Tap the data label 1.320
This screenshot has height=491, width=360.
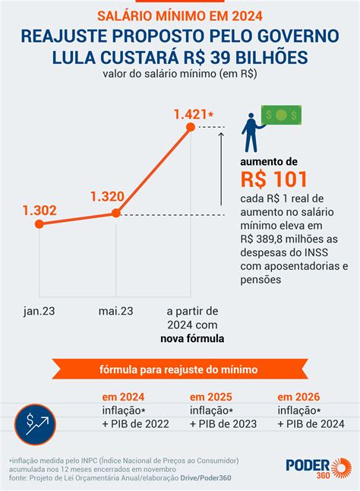[x=106, y=198]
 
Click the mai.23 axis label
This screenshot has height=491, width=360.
[x=116, y=311]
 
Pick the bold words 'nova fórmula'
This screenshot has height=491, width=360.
[x=192, y=338]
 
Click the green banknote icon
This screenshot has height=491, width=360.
[x=280, y=115]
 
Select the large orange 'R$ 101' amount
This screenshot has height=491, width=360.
[x=275, y=179]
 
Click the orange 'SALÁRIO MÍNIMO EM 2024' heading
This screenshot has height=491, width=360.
[x=180, y=15]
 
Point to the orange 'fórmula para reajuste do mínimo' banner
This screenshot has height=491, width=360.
[x=180, y=369]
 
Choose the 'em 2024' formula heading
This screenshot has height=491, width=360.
[x=123, y=397]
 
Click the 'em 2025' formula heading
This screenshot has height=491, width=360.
[x=211, y=397]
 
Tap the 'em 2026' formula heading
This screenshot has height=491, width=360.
[x=299, y=397]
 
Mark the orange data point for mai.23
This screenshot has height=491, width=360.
[x=116, y=214]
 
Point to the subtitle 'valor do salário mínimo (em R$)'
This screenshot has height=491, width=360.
[x=180, y=74]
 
